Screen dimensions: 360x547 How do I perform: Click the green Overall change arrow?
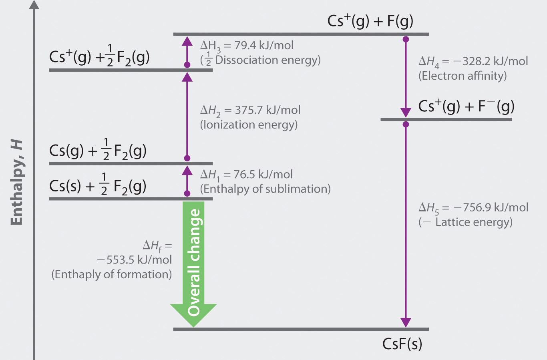click(193, 260)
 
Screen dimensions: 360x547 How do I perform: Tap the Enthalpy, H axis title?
click(17, 183)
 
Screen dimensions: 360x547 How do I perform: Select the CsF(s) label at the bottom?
click(402, 344)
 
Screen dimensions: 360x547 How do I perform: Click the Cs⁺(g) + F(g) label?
click(370, 21)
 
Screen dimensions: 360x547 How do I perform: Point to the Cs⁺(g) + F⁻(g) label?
click(466, 107)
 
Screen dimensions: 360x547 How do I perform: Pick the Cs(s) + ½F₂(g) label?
click(98, 186)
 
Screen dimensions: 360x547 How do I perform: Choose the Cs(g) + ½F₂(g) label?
click(98, 151)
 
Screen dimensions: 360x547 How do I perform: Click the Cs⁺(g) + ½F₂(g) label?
click(99, 57)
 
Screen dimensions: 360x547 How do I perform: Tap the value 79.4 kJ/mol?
click(264, 45)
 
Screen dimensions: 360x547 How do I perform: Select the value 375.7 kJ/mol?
click(267, 110)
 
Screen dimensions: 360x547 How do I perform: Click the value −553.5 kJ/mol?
click(135, 260)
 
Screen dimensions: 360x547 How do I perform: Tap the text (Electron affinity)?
click(463, 76)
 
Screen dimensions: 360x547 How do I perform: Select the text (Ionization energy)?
click(249, 125)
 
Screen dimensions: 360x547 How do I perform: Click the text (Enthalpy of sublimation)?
click(265, 189)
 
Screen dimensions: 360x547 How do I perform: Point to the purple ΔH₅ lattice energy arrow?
click(406, 224)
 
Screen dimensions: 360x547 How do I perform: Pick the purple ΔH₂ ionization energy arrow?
click(187, 116)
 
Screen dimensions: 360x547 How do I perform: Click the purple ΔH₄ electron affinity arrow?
click(406, 76)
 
